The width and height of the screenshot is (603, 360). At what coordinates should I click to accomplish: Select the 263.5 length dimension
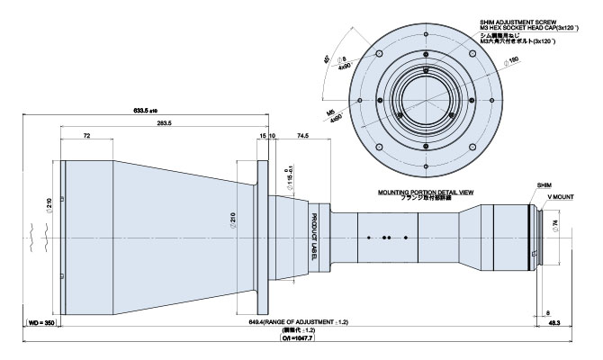(163, 123)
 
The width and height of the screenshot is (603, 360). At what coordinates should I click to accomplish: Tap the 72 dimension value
(87, 134)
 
